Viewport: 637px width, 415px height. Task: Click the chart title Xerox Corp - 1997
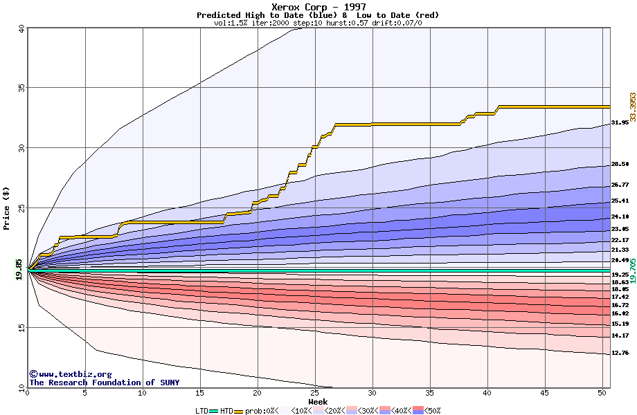click(318, 7)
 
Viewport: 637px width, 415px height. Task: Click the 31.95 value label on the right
click(620, 122)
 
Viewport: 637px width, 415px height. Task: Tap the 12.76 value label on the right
click(620, 353)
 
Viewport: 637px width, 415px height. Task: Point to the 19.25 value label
click(620, 275)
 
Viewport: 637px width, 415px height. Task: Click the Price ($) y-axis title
click(7, 207)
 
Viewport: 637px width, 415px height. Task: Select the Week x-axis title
click(318, 401)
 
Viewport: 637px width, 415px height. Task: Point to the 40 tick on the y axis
click(21, 28)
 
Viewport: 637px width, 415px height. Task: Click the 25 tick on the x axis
click(315, 393)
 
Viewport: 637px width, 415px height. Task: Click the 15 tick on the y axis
click(21, 329)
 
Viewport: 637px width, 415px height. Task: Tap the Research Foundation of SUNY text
click(104, 382)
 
